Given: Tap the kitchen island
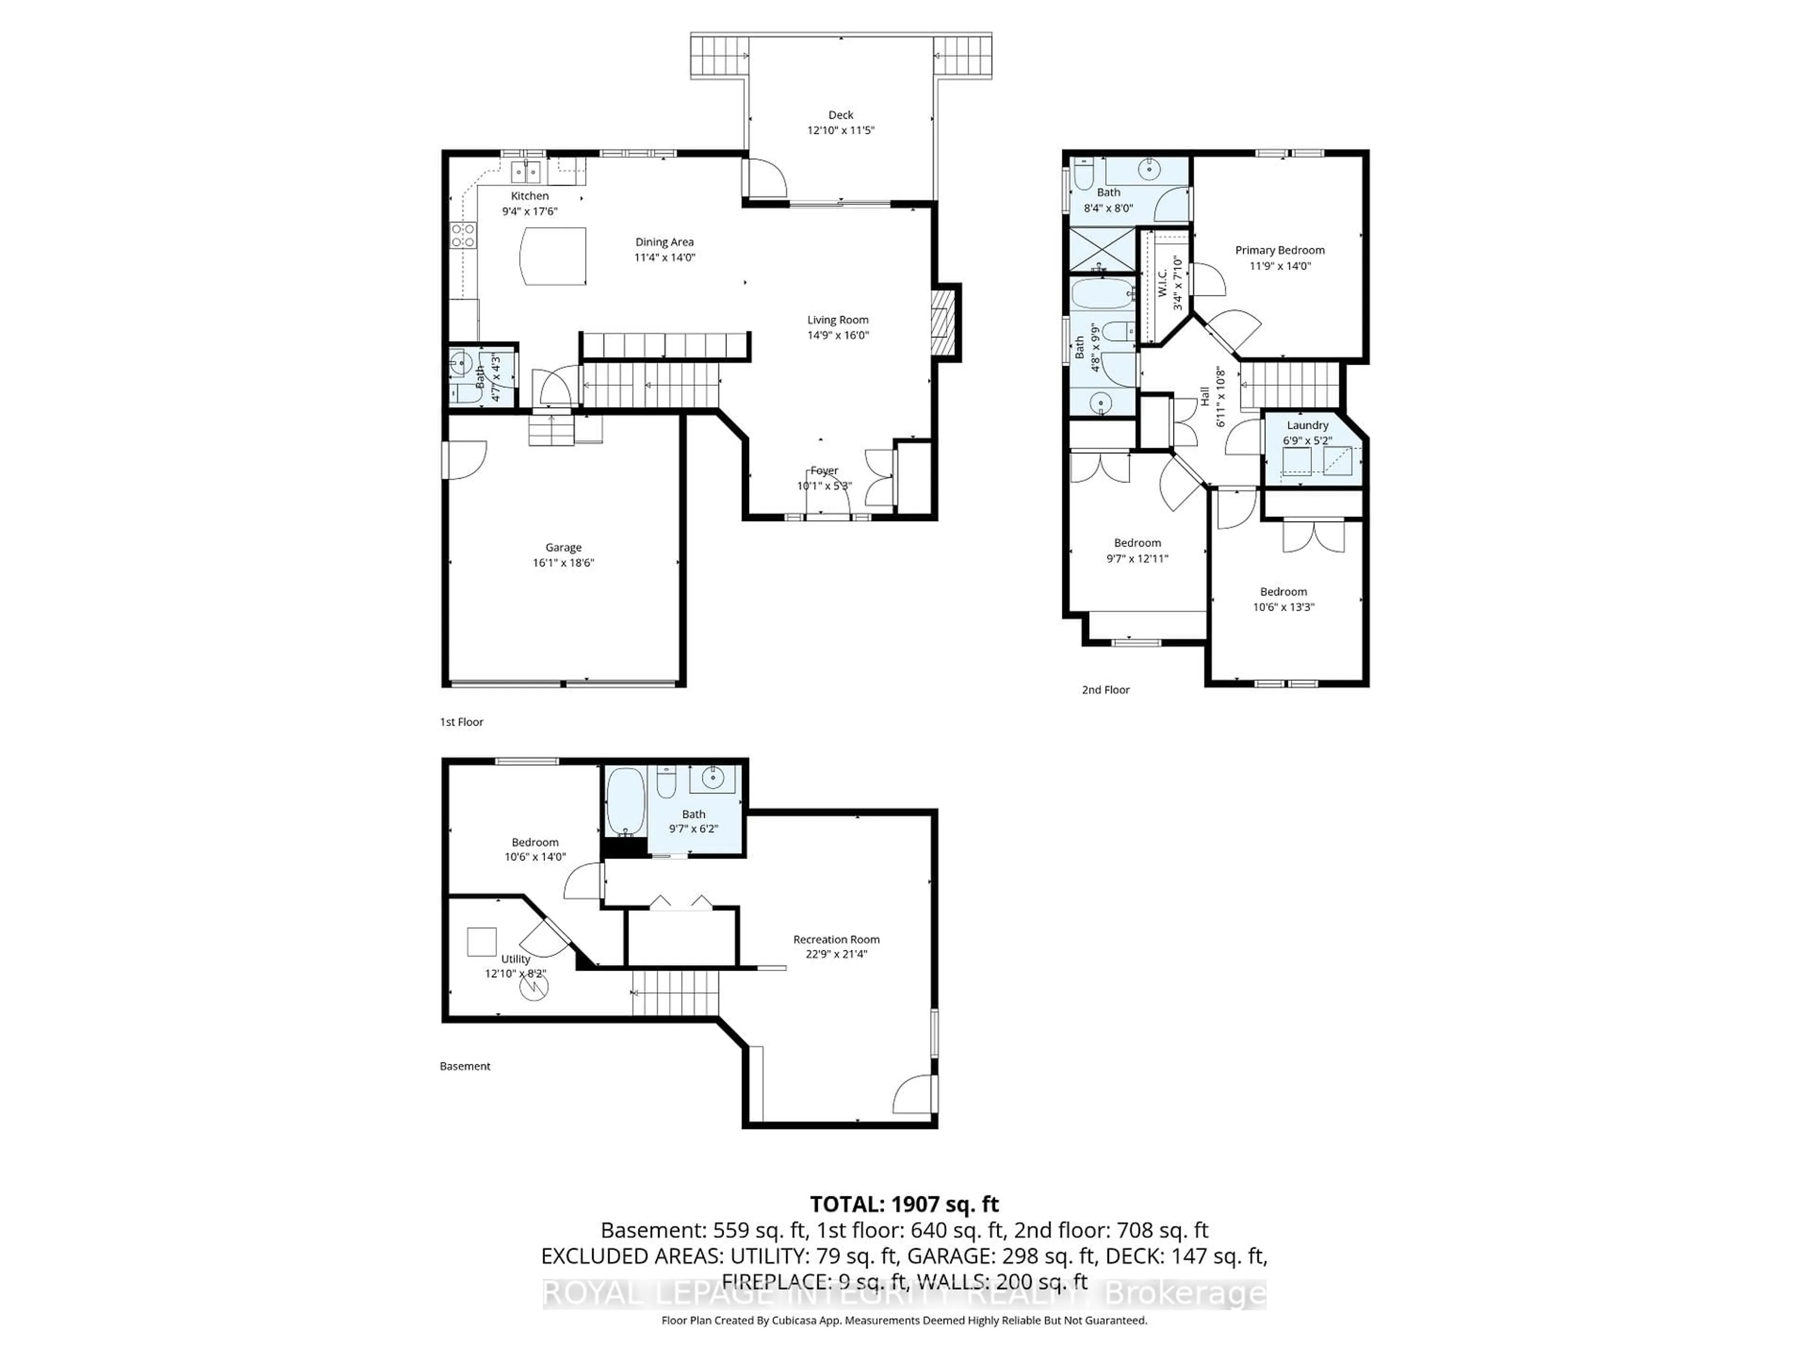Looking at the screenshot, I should click(x=554, y=256).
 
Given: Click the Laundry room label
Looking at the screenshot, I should click(x=1307, y=425).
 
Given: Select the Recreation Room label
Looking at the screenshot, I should click(x=836, y=939).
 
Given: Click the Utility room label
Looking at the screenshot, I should click(x=515, y=959).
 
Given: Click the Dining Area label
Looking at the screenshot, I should click(x=664, y=242).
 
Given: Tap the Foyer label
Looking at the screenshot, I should click(x=824, y=470).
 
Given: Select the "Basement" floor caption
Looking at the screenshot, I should click(x=464, y=1066).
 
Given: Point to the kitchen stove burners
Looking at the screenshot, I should click(x=463, y=236).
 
